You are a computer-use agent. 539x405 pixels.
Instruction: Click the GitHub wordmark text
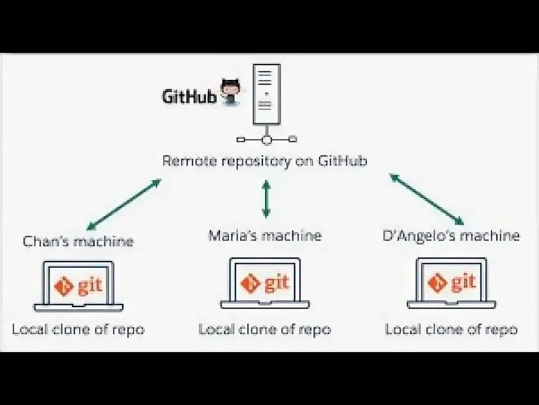click(x=189, y=96)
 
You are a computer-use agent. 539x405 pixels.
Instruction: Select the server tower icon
click(x=267, y=94)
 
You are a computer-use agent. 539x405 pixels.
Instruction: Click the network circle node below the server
click(x=267, y=139)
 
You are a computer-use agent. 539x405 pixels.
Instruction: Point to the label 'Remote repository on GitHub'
click(x=264, y=161)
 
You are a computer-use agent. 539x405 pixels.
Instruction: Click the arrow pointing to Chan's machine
click(x=124, y=204)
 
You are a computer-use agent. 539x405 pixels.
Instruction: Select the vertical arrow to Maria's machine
click(x=266, y=199)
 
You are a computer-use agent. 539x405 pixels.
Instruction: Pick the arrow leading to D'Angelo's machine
click(x=427, y=199)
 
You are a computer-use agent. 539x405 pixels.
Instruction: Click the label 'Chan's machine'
click(x=79, y=241)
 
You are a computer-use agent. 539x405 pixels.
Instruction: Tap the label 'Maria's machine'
click(x=265, y=235)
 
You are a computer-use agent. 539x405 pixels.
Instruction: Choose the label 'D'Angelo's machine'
click(x=451, y=235)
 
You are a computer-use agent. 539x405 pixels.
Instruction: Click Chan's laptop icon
click(x=79, y=286)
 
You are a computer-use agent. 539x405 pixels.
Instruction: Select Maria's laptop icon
click(x=265, y=283)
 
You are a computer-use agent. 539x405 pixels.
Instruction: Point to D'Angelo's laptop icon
click(x=451, y=283)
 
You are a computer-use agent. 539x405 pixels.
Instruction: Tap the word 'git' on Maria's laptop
click(x=277, y=283)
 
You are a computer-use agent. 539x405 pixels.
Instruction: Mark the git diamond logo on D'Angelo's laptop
click(x=437, y=283)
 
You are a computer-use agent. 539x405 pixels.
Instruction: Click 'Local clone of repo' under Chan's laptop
click(x=79, y=329)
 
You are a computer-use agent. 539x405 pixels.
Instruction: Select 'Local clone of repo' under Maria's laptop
click(x=265, y=329)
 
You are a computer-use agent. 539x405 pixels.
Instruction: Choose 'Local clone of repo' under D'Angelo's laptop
click(x=451, y=329)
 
